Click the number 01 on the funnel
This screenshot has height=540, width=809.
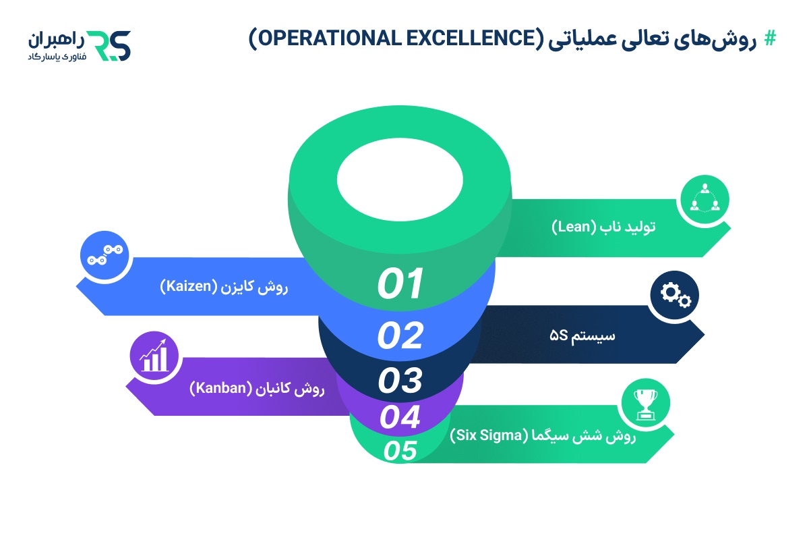(400, 283)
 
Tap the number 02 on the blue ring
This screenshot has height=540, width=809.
(400, 335)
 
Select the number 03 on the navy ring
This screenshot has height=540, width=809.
(400, 381)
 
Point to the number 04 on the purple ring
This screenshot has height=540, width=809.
(400, 417)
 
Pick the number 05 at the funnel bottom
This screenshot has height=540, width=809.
(400, 450)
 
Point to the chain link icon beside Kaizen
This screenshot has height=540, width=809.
(104, 255)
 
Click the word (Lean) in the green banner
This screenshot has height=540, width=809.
(573, 227)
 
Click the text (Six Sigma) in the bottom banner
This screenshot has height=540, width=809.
(485, 435)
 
